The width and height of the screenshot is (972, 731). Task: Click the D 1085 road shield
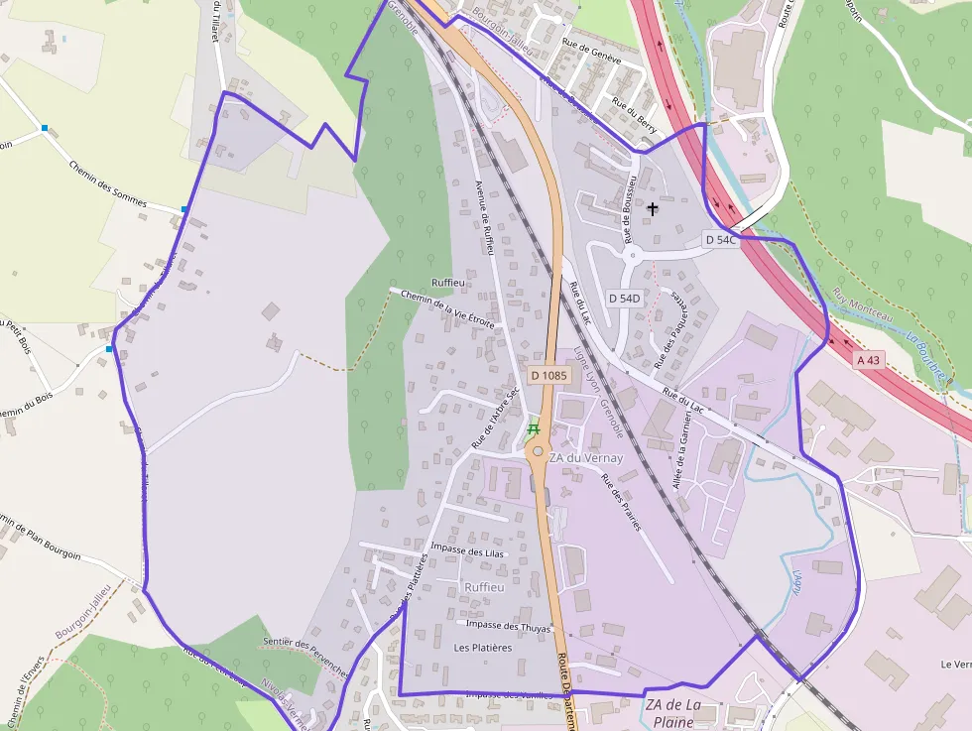tap(548, 375)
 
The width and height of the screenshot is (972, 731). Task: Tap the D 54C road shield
tap(721, 239)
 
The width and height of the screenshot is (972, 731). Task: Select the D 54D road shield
tap(625, 298)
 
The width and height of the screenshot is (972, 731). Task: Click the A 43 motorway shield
tap(868, 359)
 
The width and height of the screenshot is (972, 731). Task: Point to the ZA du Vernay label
tap(586, 458)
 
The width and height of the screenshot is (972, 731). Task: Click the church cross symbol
tap(653, 208)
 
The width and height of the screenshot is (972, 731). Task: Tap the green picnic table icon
tap(534, 429)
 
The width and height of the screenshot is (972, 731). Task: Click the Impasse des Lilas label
tap(469, 552)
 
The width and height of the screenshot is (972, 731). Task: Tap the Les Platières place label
tap(483, 648)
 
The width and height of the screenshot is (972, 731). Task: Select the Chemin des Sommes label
tap(108, 183)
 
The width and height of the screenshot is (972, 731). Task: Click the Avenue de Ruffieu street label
tap(485, 218)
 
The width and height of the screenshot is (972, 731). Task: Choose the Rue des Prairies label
tap(621, 502)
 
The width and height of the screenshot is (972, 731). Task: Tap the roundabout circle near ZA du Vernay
tap(537, 451)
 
